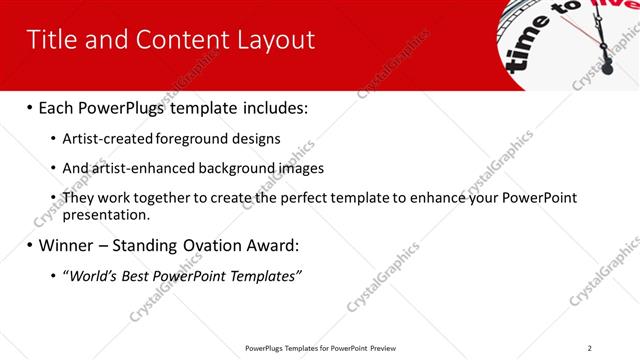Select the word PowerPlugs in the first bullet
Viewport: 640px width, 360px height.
click(x=116, y=107)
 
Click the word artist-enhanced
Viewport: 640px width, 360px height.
click(x=140, y=168)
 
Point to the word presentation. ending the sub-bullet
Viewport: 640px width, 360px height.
click(x=106, y=214)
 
